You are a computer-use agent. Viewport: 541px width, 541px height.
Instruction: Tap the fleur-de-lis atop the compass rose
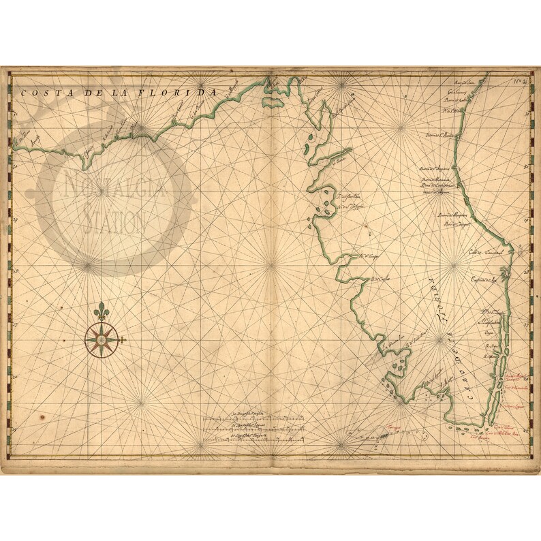coord(102,310)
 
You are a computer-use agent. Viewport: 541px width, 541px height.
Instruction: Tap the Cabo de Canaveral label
coord(485,251)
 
